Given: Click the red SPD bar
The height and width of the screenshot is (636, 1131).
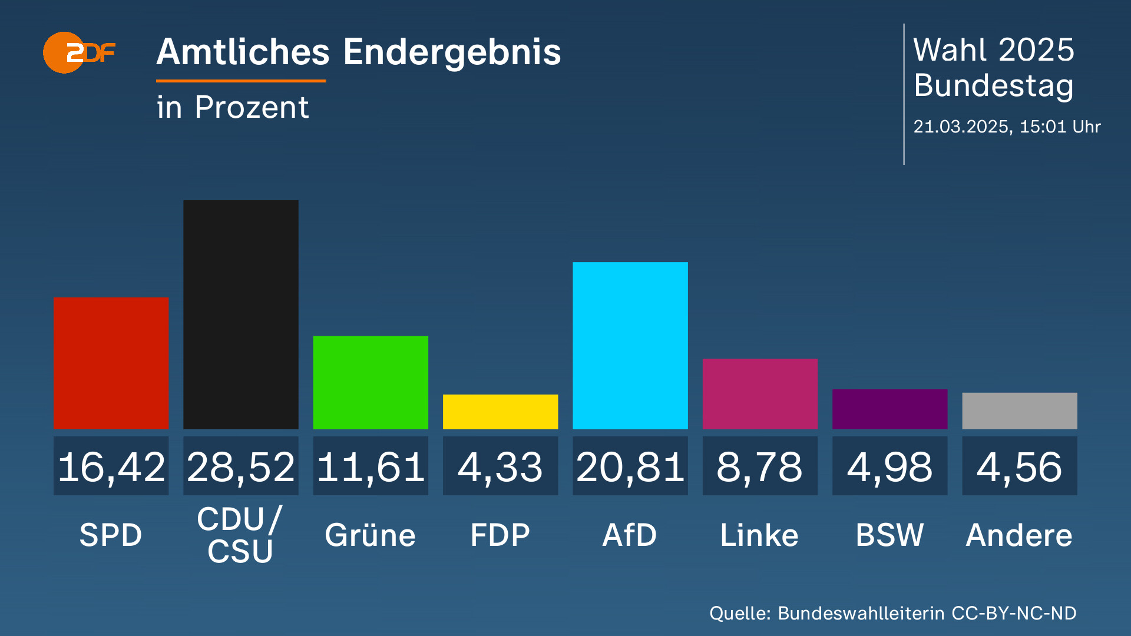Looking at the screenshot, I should point(111,363).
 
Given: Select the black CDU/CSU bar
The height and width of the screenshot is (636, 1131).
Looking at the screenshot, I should point(240,314).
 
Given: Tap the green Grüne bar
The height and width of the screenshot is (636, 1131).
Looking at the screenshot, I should point(371,382).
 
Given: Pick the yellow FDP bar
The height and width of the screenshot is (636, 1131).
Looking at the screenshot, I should point(500,412).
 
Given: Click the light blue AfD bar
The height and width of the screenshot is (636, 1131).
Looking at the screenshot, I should point(630,345).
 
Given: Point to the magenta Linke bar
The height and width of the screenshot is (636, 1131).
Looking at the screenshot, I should point(760,393).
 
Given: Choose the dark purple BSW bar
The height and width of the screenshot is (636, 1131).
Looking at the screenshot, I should point(889,409).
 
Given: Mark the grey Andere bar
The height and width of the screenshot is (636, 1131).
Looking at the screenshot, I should point(1019,410).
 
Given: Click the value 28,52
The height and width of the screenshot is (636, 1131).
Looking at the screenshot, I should point(240,467).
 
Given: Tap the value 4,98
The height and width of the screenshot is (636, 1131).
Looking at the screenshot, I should point(889,467).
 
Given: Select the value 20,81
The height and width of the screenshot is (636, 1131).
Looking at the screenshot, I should point(630,467).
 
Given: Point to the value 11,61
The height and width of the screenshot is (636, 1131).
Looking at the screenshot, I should point(371,467).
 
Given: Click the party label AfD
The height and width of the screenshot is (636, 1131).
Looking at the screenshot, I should point(629,535).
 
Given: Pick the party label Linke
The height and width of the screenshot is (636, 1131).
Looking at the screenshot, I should point(759,535).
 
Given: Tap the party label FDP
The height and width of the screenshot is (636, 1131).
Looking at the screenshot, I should point(500,535).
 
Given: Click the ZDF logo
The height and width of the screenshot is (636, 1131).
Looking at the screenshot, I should point(79,52).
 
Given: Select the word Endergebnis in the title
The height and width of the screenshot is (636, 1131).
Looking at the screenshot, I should point(452,52).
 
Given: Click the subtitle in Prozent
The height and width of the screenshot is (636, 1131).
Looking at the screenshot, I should point(233,107).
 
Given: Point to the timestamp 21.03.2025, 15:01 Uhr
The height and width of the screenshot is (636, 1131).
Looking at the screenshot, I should point(1007,127).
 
